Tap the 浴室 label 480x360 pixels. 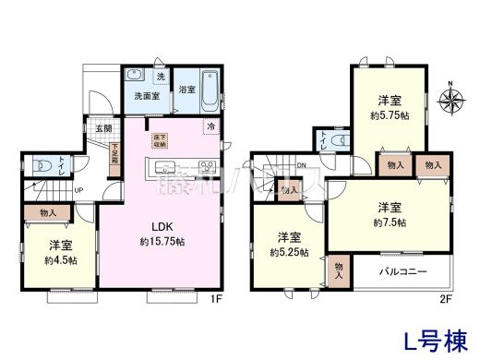186,90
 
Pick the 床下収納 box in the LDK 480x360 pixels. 161,140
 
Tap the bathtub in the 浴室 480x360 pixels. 209,90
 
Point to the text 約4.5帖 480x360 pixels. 62,260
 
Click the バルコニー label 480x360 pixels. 402,273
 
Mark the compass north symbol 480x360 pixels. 451,102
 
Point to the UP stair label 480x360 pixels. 80,190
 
